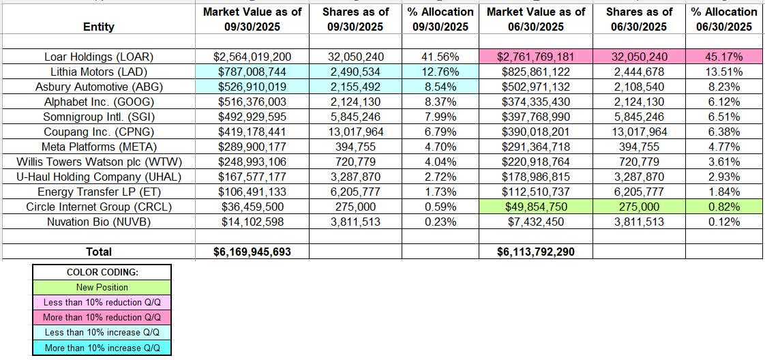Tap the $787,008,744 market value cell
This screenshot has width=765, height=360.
[x=253, y=71]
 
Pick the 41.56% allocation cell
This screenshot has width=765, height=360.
[x=440, y=57]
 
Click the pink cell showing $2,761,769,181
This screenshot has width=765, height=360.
[x=537, y=57]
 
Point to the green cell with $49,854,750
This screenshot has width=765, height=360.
[x=537, y=207]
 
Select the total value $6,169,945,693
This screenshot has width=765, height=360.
[x=253, y=252]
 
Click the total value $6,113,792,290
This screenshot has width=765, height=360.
[x=537, y=252]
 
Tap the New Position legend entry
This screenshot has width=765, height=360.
[x=102, y=287]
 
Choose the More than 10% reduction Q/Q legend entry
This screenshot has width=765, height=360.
[x=102, y=317]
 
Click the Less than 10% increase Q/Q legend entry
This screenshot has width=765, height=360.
[x=102, y=332]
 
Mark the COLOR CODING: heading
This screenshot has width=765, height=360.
[x=102, y=272]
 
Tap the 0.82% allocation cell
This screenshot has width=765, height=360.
[x=725, y=207]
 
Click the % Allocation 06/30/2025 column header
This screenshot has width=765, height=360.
[x=725, y=19]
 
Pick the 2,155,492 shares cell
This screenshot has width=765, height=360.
[x=355, y=87]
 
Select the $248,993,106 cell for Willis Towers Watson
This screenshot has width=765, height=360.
[x=253, y=162]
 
